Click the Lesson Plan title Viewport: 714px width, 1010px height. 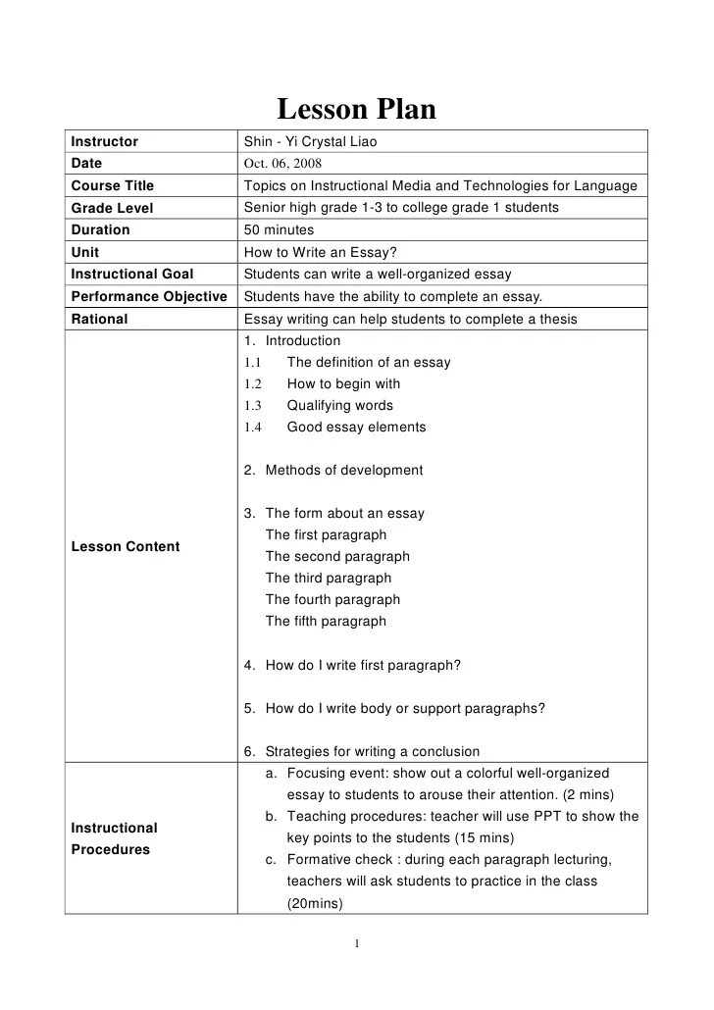(356, 110)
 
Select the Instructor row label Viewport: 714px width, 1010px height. (105, 142)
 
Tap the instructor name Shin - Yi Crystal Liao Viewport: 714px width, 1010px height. (310, 142)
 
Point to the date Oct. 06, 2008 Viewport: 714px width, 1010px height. (282, 164)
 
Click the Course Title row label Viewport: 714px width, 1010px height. (113, 185)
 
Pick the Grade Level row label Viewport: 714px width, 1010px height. (112, 208)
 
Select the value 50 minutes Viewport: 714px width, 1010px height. (279, 229)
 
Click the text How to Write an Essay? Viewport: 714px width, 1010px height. (320, 252)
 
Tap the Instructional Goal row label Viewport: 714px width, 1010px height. (132, 274)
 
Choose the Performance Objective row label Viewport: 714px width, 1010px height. (149, 296)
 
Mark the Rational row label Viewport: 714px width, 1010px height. (100, 319)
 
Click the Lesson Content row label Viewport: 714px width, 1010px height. (126, 546)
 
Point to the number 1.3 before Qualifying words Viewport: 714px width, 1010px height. (253, 406)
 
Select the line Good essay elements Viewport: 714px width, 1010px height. (356, 428)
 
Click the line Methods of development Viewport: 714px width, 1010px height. (344, 471)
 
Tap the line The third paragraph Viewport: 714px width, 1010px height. (329, 579)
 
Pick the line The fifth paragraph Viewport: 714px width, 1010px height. (326, 622)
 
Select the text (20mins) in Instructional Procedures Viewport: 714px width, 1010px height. (314, 903)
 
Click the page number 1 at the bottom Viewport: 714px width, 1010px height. (357, 944)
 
